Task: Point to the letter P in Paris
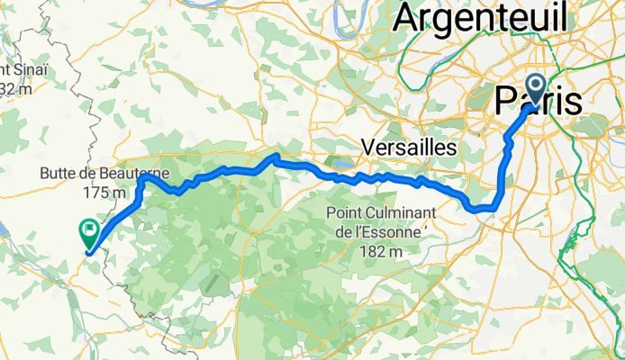pyautogui.click(x=505, y=100)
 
